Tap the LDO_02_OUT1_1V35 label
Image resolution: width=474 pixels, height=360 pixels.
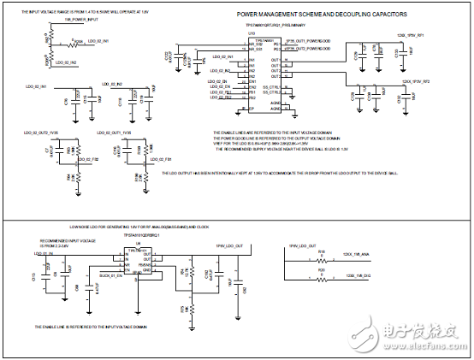point(115,133)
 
